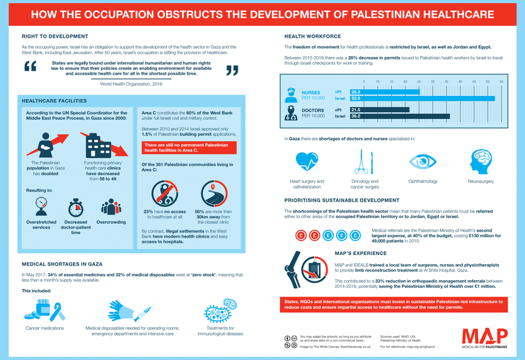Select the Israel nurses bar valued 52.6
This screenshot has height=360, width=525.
click(423, 98)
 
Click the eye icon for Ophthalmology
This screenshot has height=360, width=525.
click(422, 161)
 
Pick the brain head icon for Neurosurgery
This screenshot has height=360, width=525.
click(481, 161)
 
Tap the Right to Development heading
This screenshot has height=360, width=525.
click(55, 36)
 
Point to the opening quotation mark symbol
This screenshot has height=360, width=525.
click(30, 67)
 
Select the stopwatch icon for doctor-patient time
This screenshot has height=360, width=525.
click(75, 206)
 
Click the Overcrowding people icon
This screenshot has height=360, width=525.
click(111, 206)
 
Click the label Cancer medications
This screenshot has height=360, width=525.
click(45, 328)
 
